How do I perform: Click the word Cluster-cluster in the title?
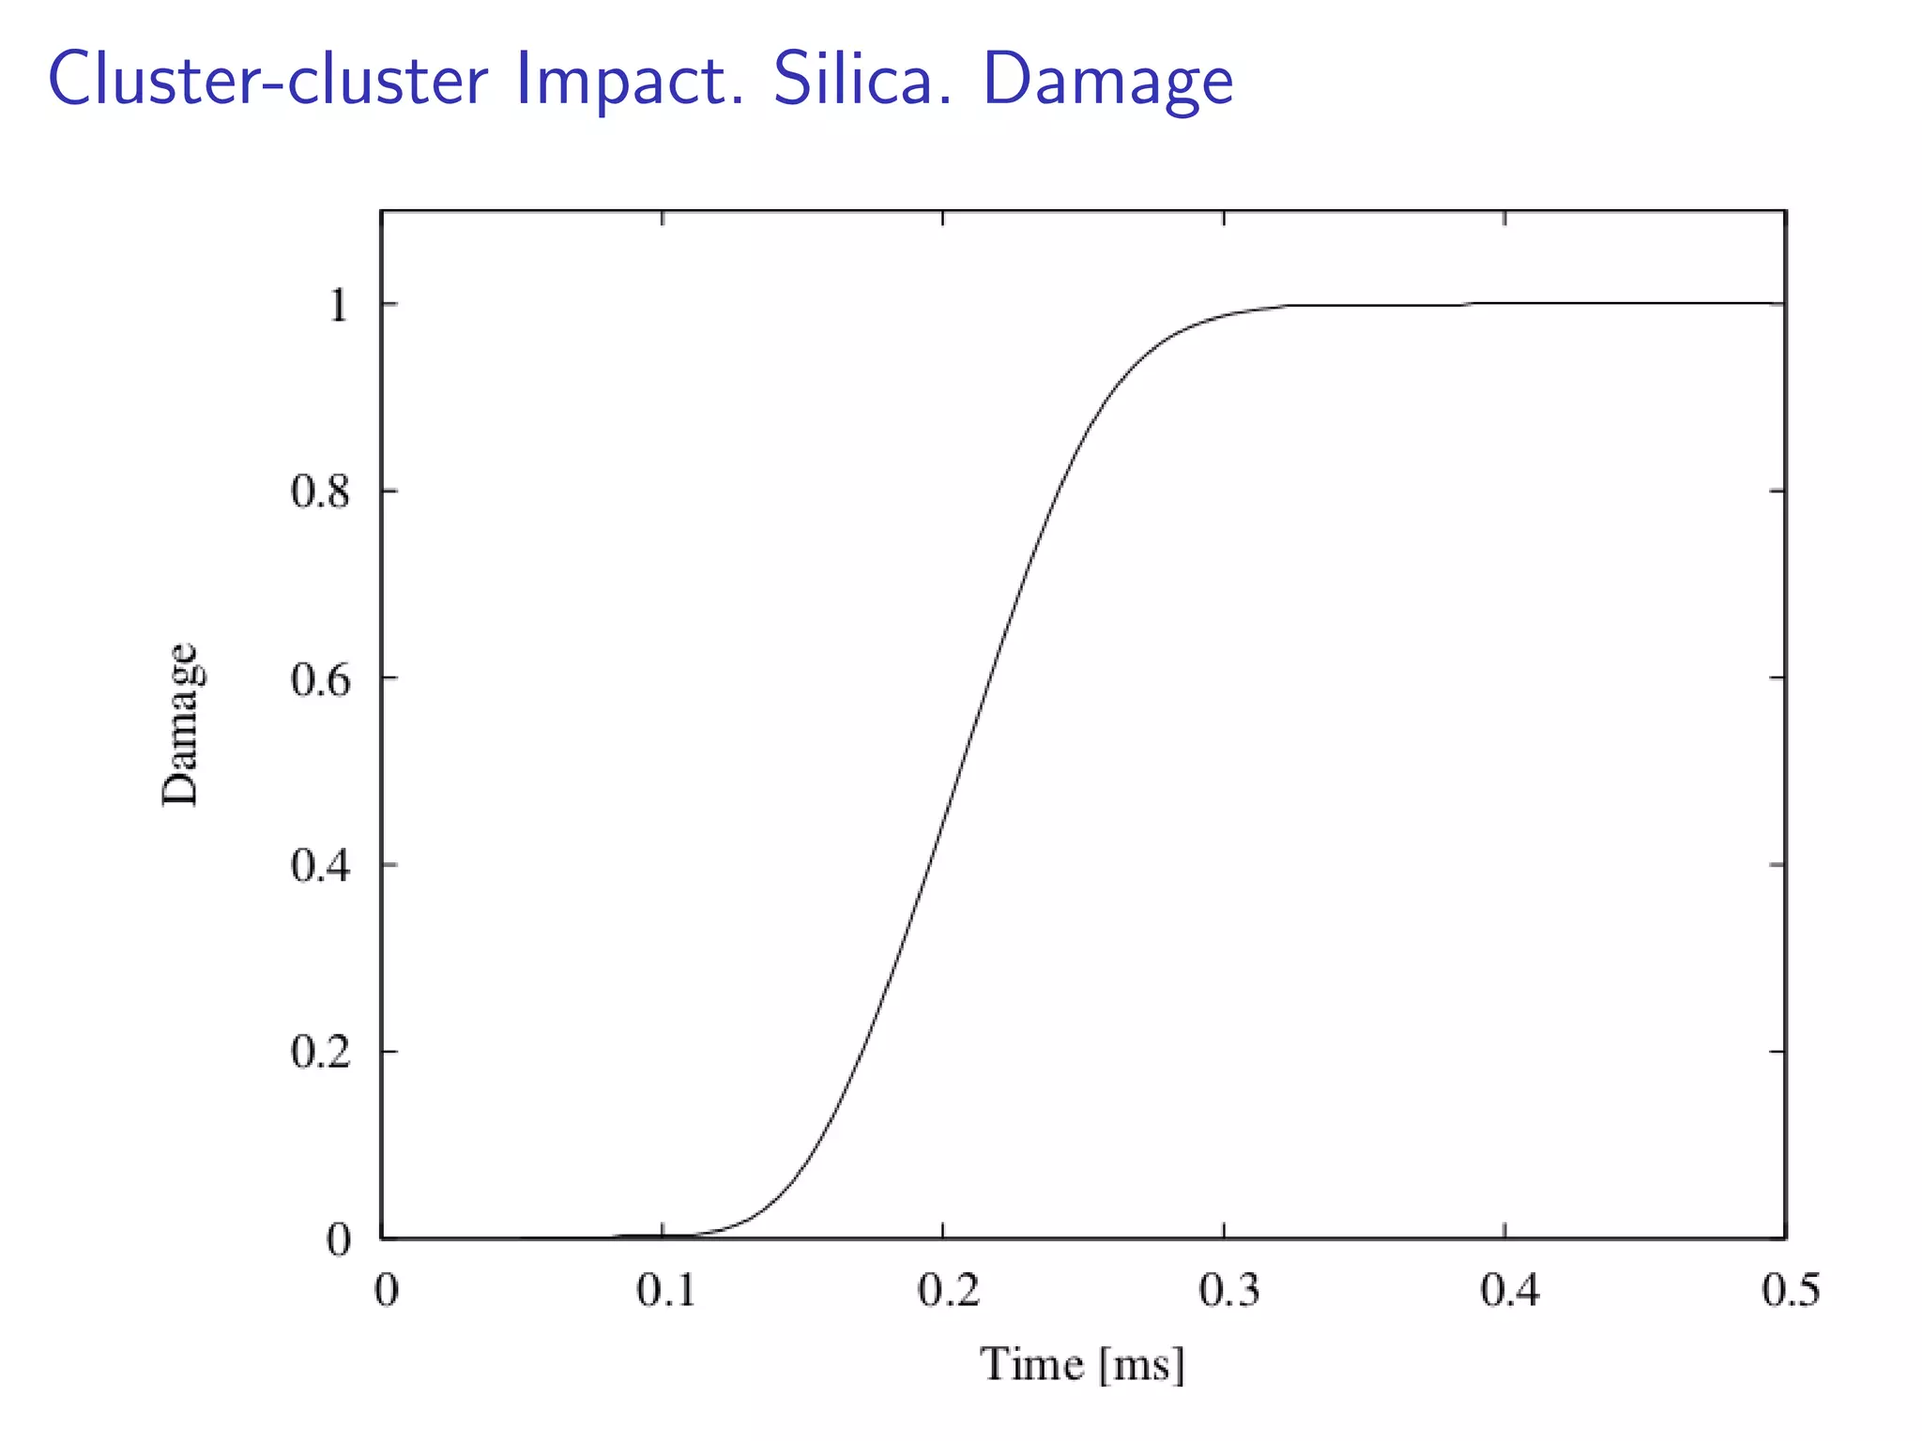click(x=268, y=79)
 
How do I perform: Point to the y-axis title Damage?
click(x=179, y=724)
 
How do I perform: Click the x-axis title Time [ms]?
click(x=1082, y=1364)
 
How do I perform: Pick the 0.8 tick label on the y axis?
click(x=320, y=492)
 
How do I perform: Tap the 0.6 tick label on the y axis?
click(x=320, y=679)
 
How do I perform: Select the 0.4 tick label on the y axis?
click(x=320, y=865)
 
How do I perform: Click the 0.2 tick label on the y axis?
click(x=320, y=1052)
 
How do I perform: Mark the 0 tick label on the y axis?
click(x=338, y=1239)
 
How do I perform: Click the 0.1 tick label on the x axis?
click(x=666, y=1291)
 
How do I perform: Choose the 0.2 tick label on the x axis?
click(x=948, y=1291)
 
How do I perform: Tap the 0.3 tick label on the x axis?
click(x=1228, y=1291)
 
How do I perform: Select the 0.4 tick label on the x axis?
click(x=1510, y=1291)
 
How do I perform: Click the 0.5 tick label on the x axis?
click(x=1790, y=1291)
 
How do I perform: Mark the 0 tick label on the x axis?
click(x=387, y=1291)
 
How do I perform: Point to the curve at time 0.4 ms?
click(x=1504, y=303)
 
